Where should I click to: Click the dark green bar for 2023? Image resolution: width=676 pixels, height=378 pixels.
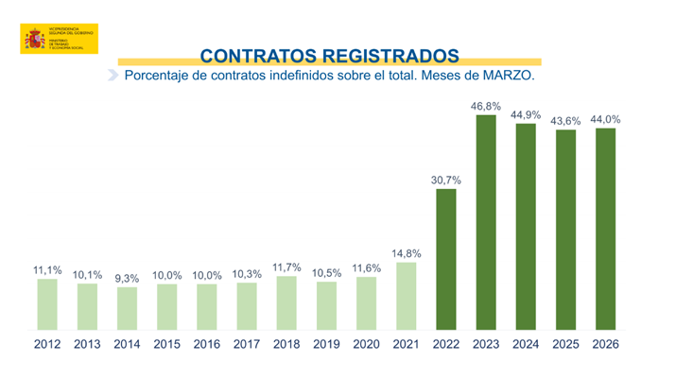tap(486, 223)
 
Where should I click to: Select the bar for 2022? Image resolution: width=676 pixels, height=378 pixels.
tap(446, 260)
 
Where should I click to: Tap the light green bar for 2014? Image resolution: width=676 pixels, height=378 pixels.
tap(128, 309)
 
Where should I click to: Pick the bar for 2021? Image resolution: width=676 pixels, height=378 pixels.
tap(407, 297)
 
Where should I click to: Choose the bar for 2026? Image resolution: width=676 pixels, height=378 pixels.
tap(605, 230)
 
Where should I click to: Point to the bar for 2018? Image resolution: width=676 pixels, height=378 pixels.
tap(286, 303)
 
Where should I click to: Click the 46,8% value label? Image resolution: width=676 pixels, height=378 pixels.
tap(486, 106)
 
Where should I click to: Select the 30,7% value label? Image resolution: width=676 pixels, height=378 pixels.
tap(446, 179)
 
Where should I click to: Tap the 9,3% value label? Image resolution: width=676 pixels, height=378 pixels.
tap(128, 278)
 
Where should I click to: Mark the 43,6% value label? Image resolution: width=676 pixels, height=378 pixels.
tap(565, 120)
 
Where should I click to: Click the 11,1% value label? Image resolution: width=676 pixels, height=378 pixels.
tap(48, 270)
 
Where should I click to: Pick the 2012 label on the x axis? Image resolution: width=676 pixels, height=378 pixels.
tap(48, 344)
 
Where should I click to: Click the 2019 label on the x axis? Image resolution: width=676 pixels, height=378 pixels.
tap(326, 344)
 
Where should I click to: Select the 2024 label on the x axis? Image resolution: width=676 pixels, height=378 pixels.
tap(526, 344)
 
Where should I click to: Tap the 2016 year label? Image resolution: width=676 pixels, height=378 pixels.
tap(207, 344)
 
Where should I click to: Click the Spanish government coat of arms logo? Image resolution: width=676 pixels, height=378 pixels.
tap(35, 41)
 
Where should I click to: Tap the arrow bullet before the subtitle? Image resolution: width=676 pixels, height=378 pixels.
tap(113, 75)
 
